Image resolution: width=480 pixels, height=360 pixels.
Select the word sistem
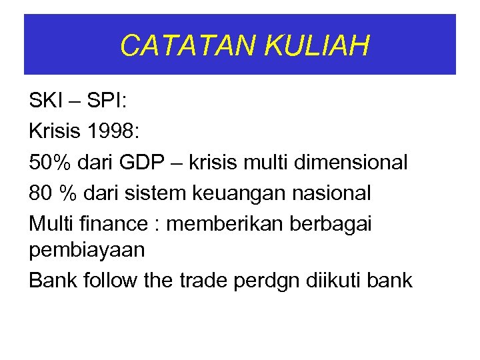point(166,193)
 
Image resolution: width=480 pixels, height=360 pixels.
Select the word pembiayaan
point(87,251)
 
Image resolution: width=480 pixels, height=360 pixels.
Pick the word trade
point(204,281)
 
